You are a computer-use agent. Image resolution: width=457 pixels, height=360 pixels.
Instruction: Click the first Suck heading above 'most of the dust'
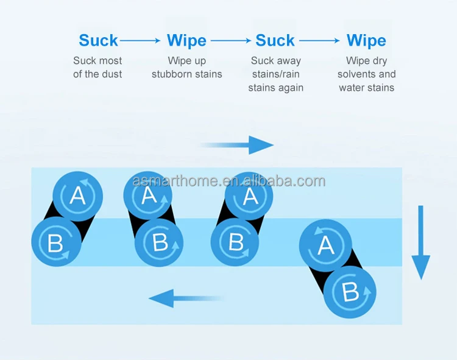98,41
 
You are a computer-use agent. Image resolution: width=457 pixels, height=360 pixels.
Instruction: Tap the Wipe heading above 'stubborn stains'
186,41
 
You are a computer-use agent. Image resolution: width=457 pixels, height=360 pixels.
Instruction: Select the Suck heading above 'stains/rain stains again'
275,41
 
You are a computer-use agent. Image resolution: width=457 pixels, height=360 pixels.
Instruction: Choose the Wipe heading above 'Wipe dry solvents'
366,41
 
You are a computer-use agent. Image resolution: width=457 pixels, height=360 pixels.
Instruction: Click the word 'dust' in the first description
111,74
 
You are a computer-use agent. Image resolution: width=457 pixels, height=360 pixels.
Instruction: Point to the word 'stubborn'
172,74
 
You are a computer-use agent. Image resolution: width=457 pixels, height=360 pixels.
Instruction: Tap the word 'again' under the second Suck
291,88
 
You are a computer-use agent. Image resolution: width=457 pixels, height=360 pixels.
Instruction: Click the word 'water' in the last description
352,88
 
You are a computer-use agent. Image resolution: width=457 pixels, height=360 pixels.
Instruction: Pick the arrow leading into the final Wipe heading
320,41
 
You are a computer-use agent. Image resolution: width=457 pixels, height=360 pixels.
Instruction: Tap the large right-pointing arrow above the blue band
238,145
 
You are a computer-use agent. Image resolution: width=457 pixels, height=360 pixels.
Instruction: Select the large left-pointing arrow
186,298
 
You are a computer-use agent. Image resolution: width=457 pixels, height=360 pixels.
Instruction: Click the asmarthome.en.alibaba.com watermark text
228,181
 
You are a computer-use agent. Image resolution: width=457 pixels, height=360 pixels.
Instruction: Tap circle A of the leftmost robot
77,196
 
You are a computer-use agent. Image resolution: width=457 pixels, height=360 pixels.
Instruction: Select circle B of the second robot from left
160,242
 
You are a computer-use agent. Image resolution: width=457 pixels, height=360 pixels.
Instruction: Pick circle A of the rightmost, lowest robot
325,245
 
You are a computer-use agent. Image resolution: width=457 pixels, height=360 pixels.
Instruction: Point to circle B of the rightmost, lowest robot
349,292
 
